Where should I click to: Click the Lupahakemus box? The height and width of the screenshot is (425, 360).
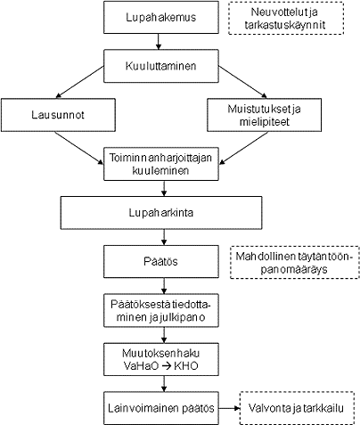point(161,17)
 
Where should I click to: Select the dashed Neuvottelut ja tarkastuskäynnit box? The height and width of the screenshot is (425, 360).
point(288,19)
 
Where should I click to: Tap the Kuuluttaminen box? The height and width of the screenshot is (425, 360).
point(161,65)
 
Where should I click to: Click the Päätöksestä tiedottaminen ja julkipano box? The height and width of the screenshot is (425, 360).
point(161,311)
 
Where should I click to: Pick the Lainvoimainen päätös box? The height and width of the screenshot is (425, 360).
point(161,407)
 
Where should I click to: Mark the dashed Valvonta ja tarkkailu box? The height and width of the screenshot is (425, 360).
point(299,407)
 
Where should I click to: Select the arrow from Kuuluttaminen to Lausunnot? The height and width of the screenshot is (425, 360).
point(80,86)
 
